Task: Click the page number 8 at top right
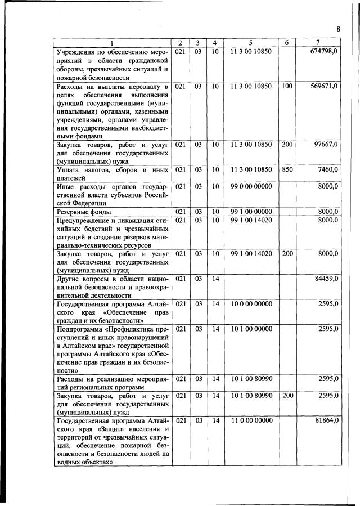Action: point(338,29)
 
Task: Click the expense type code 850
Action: point(287,169)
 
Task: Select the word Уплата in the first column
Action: point(69,169)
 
